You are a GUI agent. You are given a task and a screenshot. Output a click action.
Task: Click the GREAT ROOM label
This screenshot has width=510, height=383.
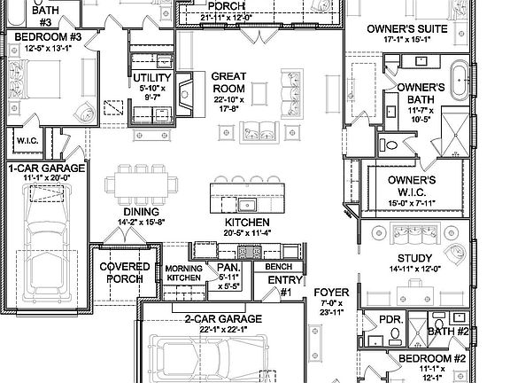(x=228, y=82)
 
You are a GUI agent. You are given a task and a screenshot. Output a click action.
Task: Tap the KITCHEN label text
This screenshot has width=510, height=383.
(x=242, y=222)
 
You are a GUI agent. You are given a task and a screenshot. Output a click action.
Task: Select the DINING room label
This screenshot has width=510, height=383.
(x=142, y=212)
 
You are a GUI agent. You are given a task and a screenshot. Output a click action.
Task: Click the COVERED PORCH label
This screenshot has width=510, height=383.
(x=124, y=273)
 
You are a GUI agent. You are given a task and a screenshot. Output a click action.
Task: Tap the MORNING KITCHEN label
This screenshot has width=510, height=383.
(x=184, y=273)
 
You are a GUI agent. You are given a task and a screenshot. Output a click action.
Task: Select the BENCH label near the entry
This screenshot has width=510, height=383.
(x=279, y=266)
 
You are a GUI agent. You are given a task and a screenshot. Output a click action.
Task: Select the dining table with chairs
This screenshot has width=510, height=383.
(x=140, y=186)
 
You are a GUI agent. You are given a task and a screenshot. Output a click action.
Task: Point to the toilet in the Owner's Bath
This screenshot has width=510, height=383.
(x=393, y=145)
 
